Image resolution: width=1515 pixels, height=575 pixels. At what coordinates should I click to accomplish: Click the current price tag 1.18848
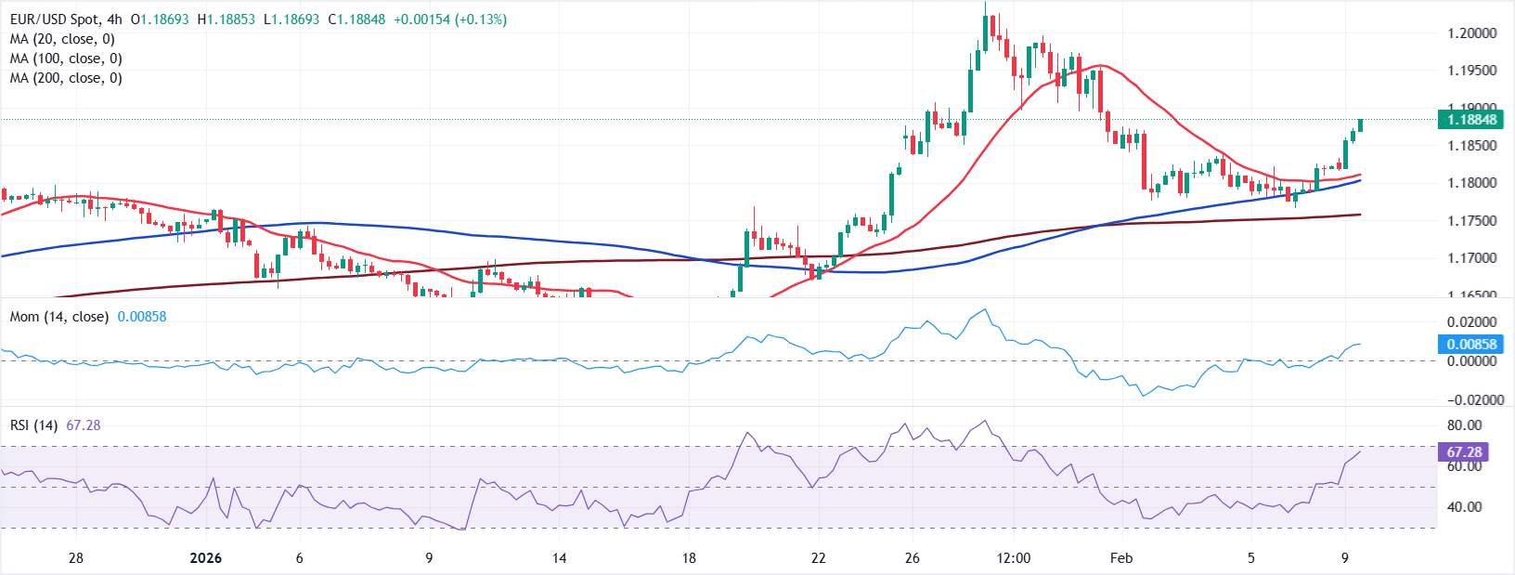coord(1471,119)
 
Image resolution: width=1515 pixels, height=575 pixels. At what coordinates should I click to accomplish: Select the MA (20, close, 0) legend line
coord(62,39)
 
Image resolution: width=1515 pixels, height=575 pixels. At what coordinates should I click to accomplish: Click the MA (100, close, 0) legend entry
coord(66,59)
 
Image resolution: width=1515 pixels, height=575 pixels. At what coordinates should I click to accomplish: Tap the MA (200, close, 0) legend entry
coord(66,78)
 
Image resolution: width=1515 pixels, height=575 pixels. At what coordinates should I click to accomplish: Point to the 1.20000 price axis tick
coord(1471,33)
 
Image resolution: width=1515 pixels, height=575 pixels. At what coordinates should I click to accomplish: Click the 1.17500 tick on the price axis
coord(1471,220)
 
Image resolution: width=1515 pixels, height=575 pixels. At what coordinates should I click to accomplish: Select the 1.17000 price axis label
coord(1471,257)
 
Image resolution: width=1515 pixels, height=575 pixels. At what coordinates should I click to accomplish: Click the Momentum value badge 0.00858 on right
coord(1471,344)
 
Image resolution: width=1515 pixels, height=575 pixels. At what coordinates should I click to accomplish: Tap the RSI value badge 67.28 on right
coord(1464,452)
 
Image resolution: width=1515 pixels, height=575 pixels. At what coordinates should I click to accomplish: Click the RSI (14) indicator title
coord(33,425)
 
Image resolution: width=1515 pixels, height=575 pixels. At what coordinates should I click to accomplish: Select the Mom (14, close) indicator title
coord(59,317)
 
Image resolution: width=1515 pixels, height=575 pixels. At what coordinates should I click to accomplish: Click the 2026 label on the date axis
coord(205,558)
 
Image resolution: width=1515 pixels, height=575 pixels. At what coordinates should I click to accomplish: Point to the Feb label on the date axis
coord(1121,558)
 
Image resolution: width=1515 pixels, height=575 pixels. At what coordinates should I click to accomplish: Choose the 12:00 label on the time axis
coord(1014,558)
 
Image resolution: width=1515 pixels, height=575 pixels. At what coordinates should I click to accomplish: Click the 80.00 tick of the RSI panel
coord(1464,425)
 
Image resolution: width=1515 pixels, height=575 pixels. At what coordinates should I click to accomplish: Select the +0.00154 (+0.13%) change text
coord(450,20)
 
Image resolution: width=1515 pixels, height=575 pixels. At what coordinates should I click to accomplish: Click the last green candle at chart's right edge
coord(1360,124)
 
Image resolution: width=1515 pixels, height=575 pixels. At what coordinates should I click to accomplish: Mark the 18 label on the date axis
coord(689,558)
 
